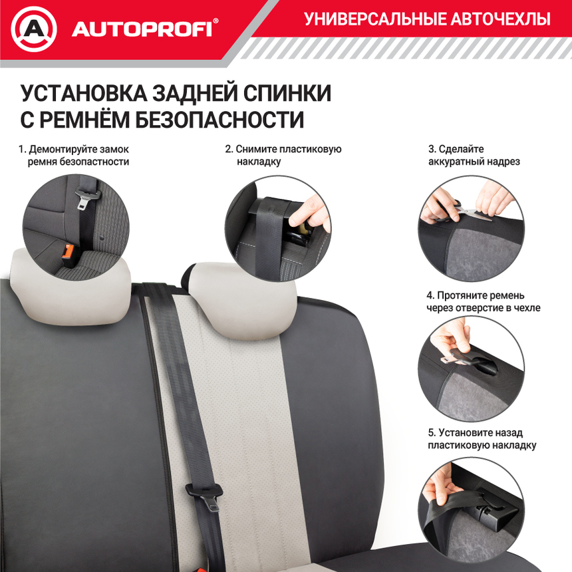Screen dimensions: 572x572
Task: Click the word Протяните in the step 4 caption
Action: click(x=465, y=295)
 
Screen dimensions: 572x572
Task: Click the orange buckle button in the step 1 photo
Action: click(x=67, y=251)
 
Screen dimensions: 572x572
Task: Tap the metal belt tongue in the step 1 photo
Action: click(x=88, y=197)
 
